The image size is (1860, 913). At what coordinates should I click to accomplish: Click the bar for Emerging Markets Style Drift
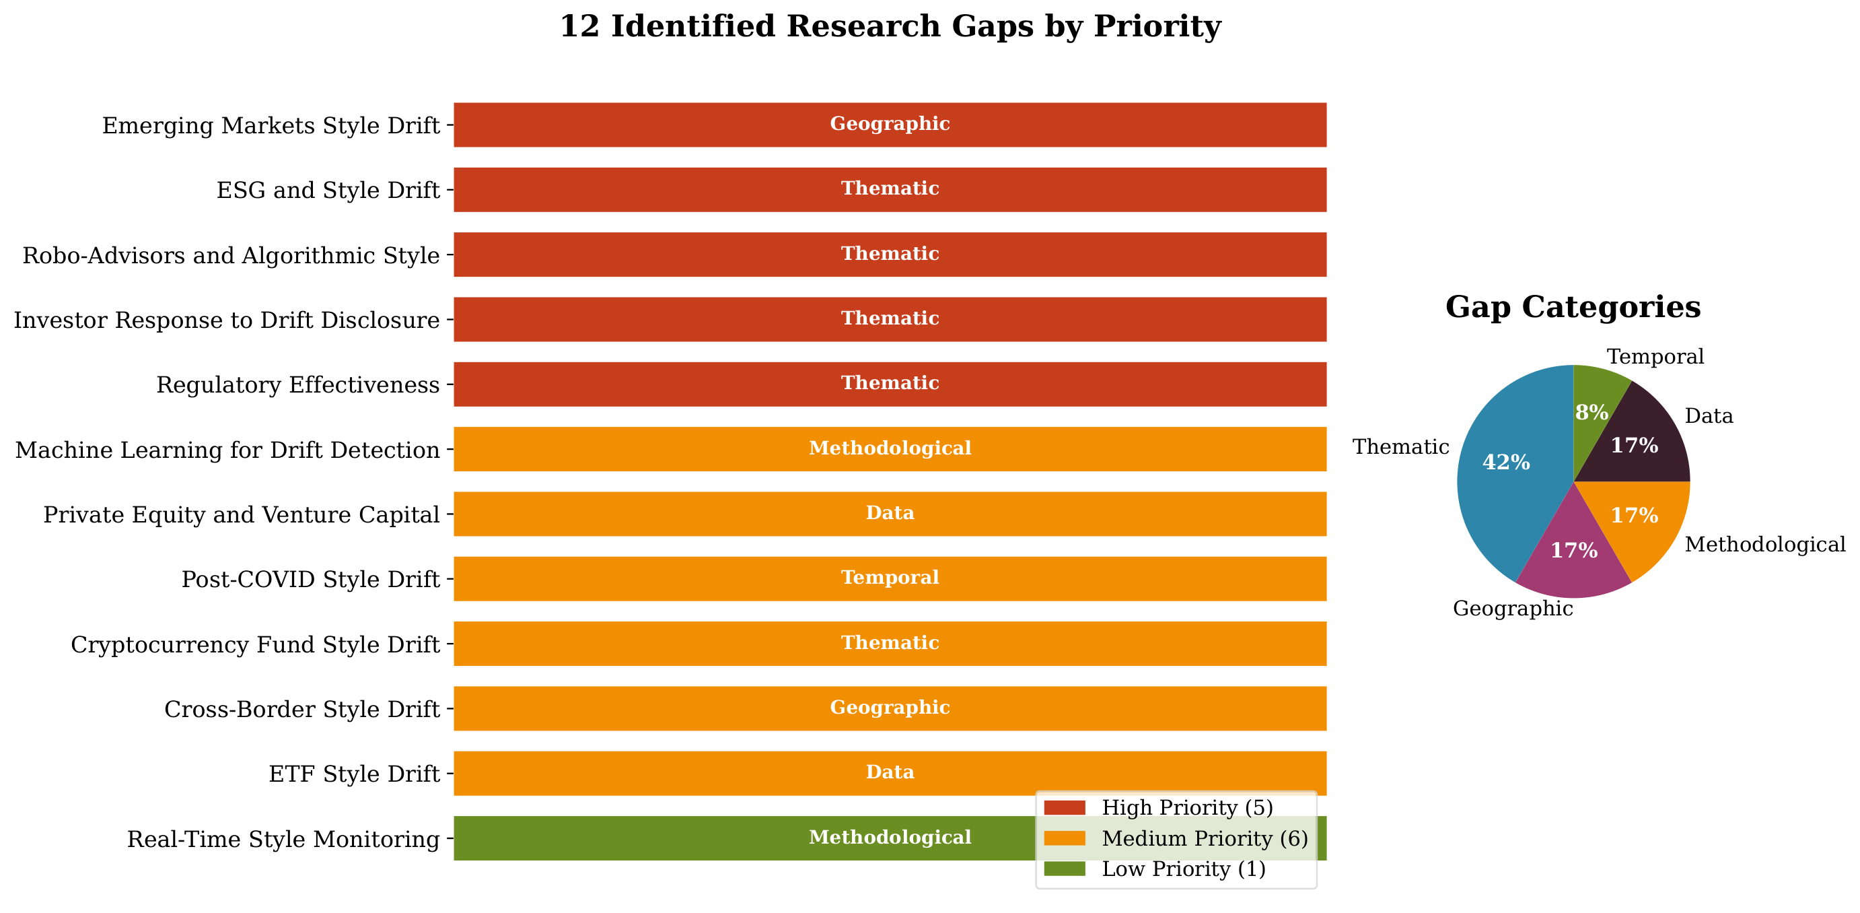coord(890,125)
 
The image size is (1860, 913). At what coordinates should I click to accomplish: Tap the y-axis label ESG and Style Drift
coord(328,190)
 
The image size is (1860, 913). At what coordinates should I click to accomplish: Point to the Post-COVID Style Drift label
coord(310,579)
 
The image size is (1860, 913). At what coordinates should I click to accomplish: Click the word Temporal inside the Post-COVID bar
coord(890,578)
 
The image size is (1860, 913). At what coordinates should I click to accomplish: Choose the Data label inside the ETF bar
coord(890,772)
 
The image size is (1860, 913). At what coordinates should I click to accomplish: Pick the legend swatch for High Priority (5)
coord(1065,807)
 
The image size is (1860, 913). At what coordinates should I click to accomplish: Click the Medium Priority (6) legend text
coord(1205,839)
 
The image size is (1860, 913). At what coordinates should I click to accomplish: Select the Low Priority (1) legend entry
coord(1184,869)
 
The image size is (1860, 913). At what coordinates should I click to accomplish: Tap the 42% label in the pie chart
coord(1505,463)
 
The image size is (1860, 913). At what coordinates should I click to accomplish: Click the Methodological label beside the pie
coord(1764,545)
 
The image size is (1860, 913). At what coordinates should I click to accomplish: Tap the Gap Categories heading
coord(1573,307)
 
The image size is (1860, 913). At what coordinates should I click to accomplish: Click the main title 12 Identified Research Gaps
coord(890,27)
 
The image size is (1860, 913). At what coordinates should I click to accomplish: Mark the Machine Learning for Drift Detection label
coord(227,450)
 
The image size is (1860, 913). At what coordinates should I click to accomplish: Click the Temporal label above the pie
coord(1655,357)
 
